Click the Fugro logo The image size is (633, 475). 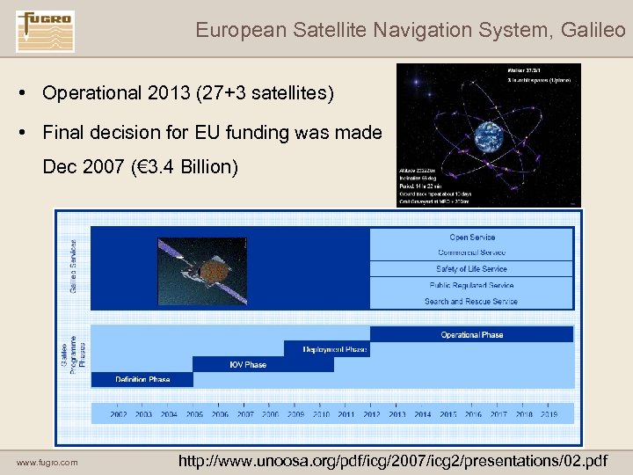coord(45,30)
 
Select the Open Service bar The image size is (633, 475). coord(471,237)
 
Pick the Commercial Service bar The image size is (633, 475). coord(471,252)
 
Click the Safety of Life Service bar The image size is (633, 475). coord(471,269)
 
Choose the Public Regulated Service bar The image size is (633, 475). coord(471,285)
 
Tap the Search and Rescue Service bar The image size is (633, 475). coord(471,301)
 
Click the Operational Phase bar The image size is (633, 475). coord(471,334)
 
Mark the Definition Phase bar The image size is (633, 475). coord(142,379)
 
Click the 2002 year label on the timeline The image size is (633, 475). coord(119,413)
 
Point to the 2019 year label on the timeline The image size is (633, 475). coord(550,413)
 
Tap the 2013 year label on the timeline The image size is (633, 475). coord(397,413)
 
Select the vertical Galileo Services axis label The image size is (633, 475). coord(72,267)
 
